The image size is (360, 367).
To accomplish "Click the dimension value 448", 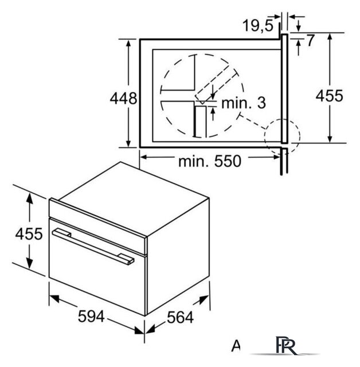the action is [x=123, y=98].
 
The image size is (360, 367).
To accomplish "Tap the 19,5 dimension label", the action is [x=258, y=25].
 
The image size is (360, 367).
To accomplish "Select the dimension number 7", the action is [x=310, y=40].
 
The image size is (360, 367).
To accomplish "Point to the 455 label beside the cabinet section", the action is [x=330, y=96].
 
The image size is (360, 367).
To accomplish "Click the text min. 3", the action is [x=244, y=103].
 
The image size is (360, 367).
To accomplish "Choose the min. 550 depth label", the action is [x=209, y=161].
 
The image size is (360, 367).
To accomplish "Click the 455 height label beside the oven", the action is [x=29, y=233].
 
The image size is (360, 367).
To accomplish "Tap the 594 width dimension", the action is [x=91, y=316].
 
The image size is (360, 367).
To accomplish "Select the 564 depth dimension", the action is [x=180, y=317].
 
